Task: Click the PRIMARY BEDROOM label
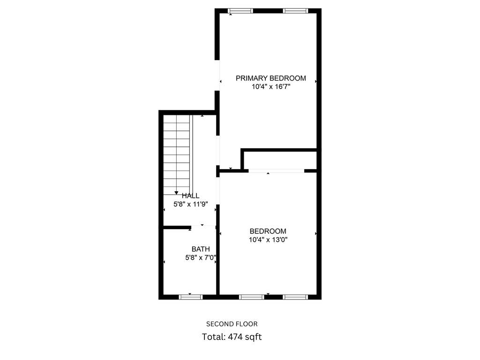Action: tap(270, 78)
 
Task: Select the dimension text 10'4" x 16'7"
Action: tap(270, 86)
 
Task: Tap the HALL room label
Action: tap(191, 196)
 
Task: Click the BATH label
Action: tap(201, 249)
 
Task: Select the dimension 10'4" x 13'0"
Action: tap(268, 240)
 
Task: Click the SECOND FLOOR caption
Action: tap(232, 324)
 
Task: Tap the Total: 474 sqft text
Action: tap(232, 337)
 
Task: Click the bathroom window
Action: tap(191, 297)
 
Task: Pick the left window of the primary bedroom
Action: tap(240, 11)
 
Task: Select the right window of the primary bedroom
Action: tap(295, 11)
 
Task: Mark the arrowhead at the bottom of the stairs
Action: tap(176, 193)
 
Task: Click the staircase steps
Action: tap(177, 155)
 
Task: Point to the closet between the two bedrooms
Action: tap(280, 159)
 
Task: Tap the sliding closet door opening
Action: tap(276, 171)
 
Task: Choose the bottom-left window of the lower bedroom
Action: tap(252, 297)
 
